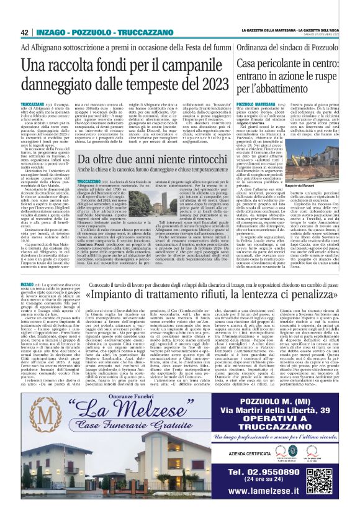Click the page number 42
25,32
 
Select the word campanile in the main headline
181,65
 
